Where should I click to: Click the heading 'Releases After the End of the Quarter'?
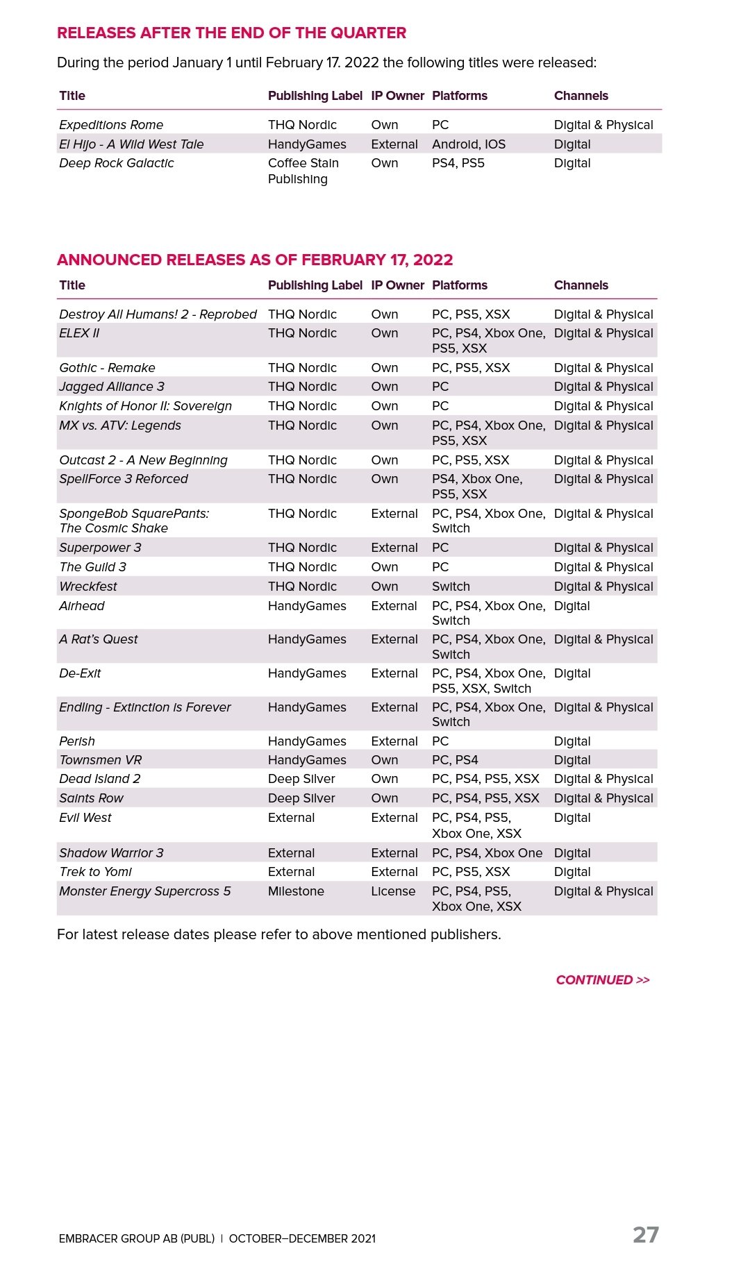coord(231,33)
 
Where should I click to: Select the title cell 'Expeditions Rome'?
coord(111,125)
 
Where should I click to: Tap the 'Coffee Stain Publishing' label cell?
coord(303,171)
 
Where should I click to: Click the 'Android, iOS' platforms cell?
coord(469,144)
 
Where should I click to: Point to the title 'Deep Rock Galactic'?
coord(117,163)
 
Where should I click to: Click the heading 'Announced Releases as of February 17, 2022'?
coord(255,260)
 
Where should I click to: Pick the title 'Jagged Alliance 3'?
coord(112,387)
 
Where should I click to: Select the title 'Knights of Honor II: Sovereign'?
coord(146,406)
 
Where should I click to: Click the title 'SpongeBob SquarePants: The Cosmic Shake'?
coord(134,521)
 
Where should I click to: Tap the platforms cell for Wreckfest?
coord(451,587)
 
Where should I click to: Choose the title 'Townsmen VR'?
coord(101,760)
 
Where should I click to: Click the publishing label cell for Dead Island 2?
coord(301,779)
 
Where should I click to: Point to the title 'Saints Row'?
coord(92,798)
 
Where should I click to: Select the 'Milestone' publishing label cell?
coord(296,891)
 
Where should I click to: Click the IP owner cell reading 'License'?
coord(393,891)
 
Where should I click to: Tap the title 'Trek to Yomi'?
coord(96,872)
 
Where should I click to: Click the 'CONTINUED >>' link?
coord(603,980)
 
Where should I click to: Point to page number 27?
coord(646,1235)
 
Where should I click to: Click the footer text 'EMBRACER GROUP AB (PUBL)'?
coord(137,1239)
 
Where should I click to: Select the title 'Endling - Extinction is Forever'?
coord(145,707)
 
